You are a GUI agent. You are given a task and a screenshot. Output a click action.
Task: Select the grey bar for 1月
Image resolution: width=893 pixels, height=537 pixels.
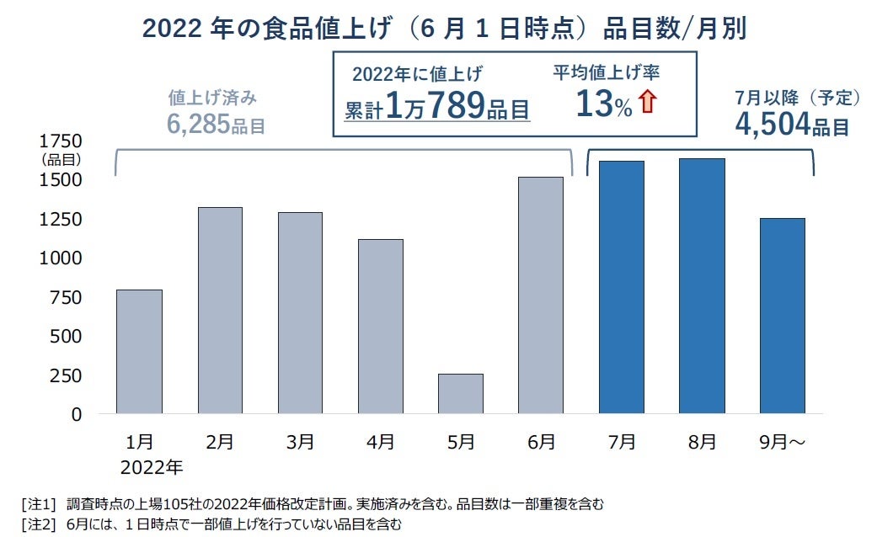tap(139, 351)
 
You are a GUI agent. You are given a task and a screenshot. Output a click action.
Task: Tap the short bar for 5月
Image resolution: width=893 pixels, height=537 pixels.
tap(460, 393)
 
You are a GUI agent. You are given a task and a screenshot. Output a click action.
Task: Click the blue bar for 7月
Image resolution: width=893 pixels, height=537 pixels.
tap(621, 287)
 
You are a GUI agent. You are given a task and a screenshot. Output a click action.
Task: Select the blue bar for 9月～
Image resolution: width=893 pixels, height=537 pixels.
tap(782, 316)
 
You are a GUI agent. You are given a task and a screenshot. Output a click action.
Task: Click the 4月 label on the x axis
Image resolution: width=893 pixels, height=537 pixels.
tap(380, 441)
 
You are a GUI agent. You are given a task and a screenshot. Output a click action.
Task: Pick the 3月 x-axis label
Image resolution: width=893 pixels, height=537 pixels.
tap(300, 441)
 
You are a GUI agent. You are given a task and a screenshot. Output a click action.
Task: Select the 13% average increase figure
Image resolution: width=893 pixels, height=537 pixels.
tap(603, 104)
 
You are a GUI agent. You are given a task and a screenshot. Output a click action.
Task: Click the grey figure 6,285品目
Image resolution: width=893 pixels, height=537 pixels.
tap(217, 125)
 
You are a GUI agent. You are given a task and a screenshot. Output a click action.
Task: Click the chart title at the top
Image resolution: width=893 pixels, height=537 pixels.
tap(445, 28)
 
